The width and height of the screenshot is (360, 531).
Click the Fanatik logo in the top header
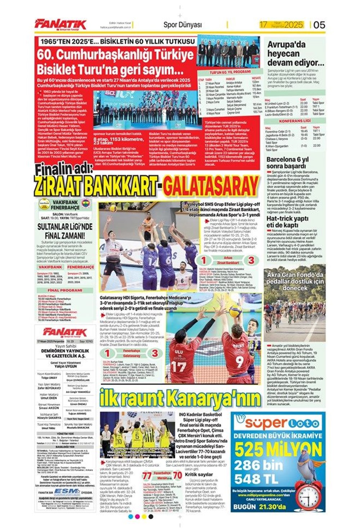pos(60,24)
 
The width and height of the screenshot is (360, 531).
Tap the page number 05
pos(319,24)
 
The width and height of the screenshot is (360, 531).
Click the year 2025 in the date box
pos(293,25)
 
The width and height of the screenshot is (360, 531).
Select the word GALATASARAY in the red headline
pos(211,186)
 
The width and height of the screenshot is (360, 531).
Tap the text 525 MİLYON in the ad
pos(278,450)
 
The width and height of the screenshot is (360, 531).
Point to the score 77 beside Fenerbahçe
pos(147,476)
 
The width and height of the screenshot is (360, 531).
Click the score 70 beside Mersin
pos(177,476)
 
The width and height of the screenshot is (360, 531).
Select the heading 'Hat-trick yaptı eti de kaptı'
pos(287,222)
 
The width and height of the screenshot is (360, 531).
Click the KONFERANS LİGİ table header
pos(294,121)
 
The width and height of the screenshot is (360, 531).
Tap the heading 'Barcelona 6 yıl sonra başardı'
pos(287,162)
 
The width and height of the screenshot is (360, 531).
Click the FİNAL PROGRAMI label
pos(65,290)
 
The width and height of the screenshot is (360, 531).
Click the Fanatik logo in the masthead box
pos(65,332)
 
